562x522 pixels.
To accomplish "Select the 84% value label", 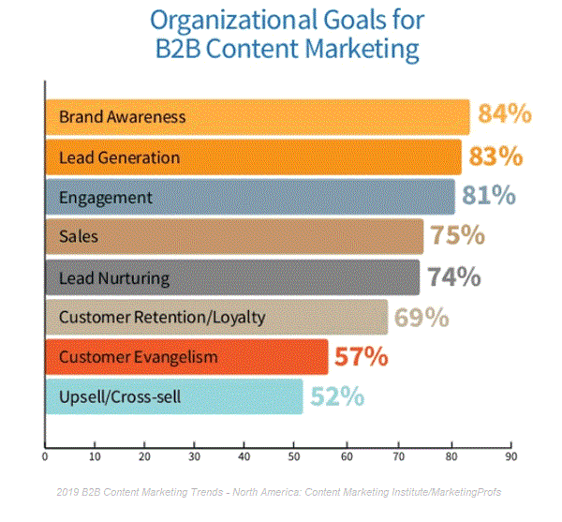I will [505, 115].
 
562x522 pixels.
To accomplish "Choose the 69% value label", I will [421, 317].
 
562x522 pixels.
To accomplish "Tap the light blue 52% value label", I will [337, 396].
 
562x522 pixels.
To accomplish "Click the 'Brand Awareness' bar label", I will [122, 117].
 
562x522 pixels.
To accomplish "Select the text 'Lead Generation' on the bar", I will [119, 157].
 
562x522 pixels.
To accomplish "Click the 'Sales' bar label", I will [78, 238].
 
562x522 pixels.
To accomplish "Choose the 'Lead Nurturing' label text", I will [114, 278].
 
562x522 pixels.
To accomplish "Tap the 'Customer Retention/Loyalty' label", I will [162, 318].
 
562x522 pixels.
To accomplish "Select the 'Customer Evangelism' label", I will [138, 358].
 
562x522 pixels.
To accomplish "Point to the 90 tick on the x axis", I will [510, 457].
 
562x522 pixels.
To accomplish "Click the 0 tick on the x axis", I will [45, 457].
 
